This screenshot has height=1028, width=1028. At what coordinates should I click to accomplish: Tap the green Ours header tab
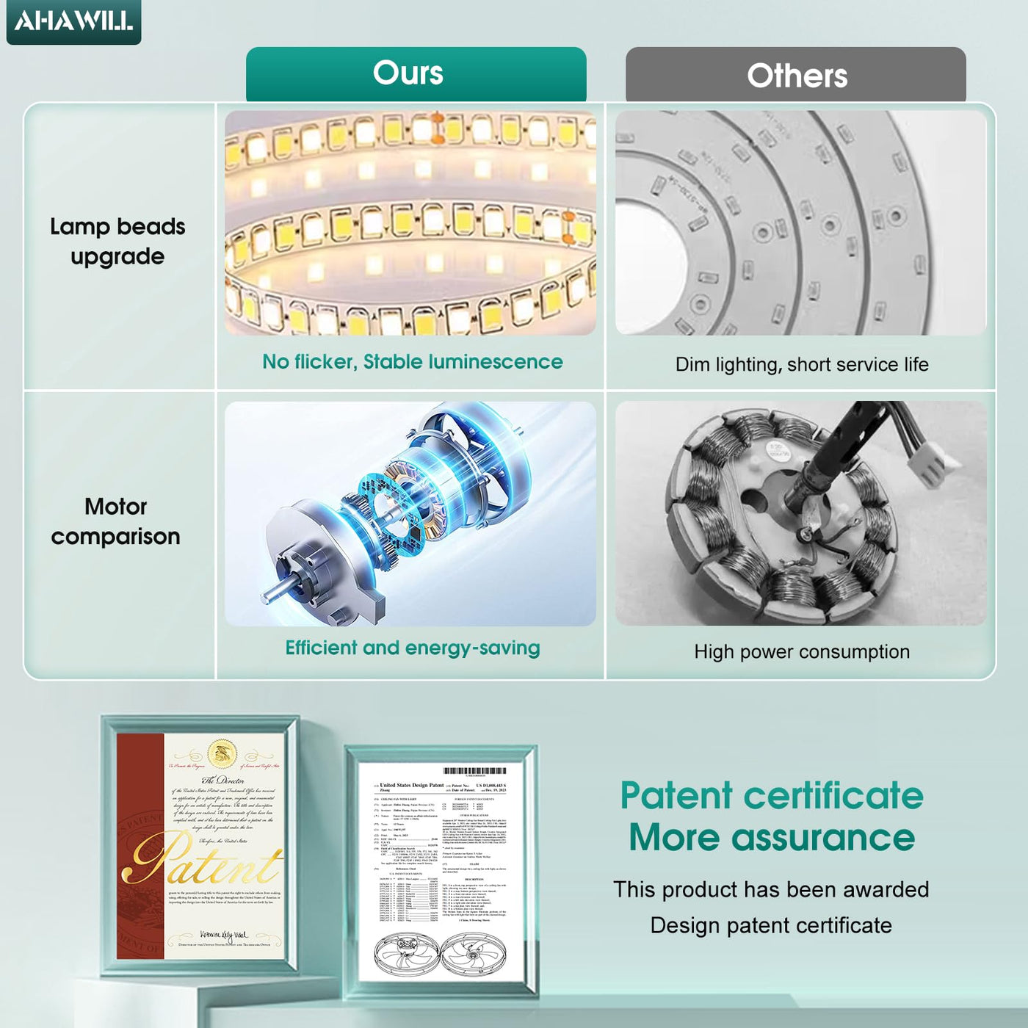(416, 73)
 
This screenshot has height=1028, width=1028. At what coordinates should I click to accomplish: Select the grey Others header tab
(796, 75)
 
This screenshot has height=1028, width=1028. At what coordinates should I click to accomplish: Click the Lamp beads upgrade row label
(117, 242)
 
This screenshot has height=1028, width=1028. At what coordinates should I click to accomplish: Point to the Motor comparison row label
(116, 521)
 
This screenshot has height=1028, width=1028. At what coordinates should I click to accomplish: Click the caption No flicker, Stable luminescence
(413, 362)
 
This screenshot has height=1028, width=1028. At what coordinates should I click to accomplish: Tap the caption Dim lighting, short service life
(802, 364)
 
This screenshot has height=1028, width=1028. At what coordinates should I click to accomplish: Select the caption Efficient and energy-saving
(413, 648)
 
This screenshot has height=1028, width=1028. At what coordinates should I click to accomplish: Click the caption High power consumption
(802, 651)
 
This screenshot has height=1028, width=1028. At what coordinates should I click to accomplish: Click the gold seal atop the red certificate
(222, 754)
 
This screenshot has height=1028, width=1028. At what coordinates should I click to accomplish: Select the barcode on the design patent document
(474, 771)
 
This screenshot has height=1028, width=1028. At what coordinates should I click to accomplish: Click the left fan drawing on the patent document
(406, 955)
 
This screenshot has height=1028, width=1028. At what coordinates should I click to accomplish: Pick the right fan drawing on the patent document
(474, 955)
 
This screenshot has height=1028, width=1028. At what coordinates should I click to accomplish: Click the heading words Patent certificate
(772, 795)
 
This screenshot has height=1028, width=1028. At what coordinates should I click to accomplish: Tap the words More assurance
(772, 837)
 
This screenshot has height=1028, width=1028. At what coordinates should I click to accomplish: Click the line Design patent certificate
(771, 925)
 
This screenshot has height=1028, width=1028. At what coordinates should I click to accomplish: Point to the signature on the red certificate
(223, 935)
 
